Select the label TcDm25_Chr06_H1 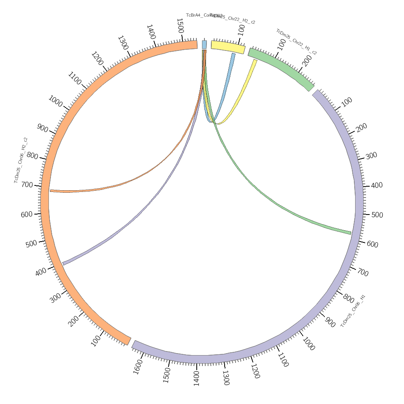[353, 311]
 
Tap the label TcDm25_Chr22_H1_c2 [296, 42]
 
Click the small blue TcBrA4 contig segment [204, 44]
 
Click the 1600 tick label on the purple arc [138, 368]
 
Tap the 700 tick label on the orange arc [27, 185]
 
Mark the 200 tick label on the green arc [307, 61]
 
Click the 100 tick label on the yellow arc [241, 29]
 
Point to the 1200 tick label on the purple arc [255, 371]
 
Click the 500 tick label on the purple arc [377, 215]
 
